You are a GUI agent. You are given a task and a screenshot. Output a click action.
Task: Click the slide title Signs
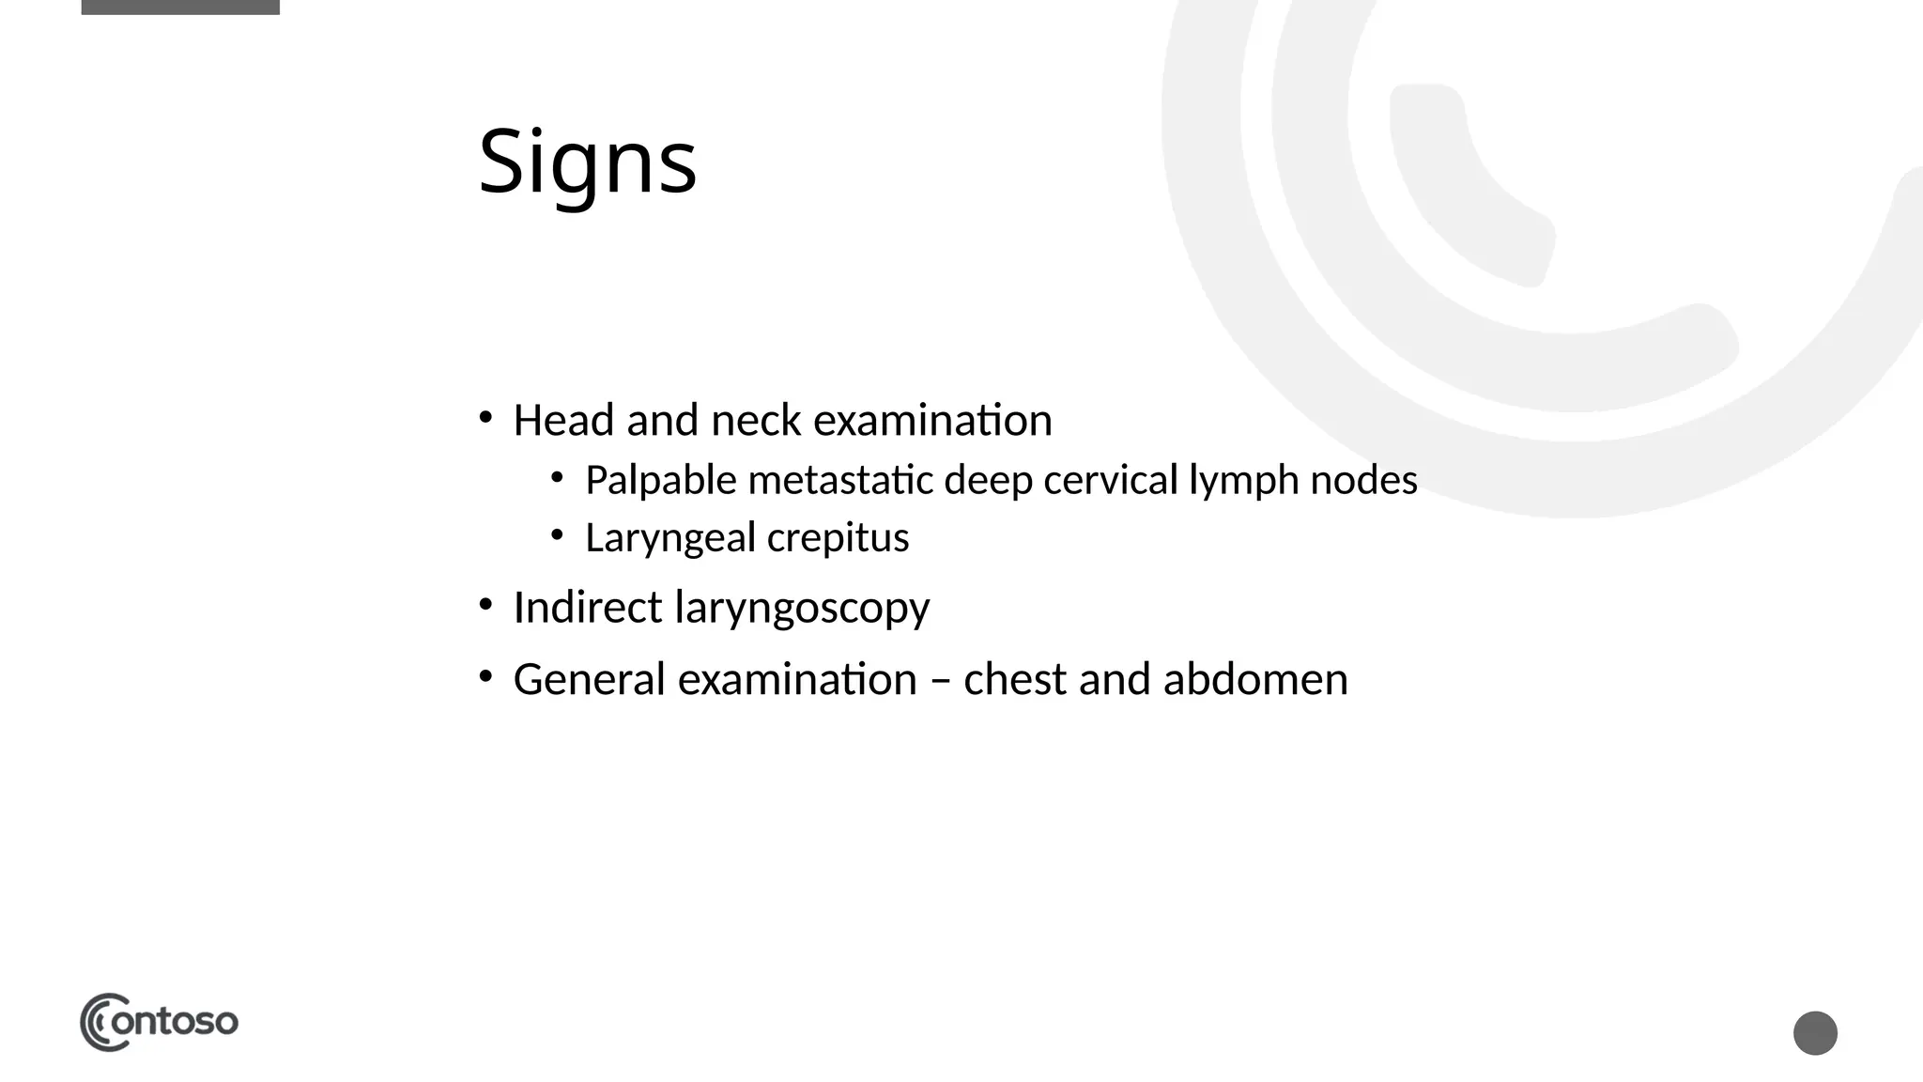(x=587, y=162)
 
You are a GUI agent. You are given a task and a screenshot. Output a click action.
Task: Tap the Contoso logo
(x=159, y=1022)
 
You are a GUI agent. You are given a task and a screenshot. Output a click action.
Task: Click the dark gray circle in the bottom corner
(x=1815, y=1033)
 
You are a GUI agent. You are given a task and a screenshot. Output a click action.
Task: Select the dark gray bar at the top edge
(x=180, y=7)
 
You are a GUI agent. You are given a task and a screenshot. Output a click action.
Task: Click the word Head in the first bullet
(x=564, y=420)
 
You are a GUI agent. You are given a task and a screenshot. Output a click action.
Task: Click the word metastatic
(x=840, y=481)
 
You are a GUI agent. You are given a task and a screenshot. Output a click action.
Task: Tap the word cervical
(x=1110, y=481)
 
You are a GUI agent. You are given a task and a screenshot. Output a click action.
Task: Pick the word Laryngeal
(x=669, y=539)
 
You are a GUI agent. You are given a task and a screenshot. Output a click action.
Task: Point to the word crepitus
(x=838, y=539)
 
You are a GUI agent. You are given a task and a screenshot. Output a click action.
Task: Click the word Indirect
(x=588, y=607)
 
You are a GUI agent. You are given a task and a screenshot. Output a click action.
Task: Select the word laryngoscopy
(x=802, y=609)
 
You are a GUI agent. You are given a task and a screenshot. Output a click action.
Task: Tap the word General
(x=589, y=679)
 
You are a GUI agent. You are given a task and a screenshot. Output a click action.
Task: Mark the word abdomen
(x=1255, y=679)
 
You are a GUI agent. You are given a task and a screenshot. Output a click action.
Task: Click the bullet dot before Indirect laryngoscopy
(x=485, y=605)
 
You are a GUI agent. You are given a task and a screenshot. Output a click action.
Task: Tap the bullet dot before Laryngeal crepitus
(x=557, y=535)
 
